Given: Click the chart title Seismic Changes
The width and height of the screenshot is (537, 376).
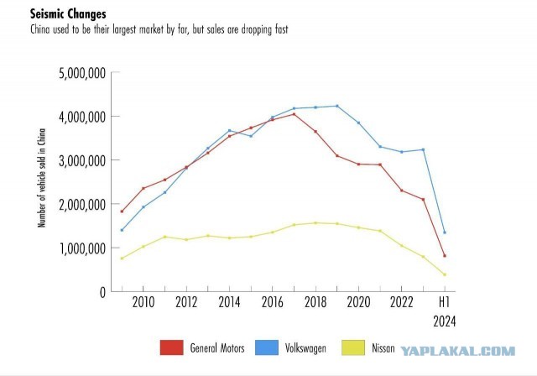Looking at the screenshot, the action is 68,14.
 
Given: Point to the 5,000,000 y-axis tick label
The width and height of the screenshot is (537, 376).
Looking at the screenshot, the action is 82,73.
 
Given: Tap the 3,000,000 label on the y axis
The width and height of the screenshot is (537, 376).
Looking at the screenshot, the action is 82,161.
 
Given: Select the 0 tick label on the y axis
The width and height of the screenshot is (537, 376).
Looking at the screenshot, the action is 102,292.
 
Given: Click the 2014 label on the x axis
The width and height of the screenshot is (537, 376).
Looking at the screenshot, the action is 229,302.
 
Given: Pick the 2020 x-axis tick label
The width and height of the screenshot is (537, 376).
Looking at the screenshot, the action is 358,302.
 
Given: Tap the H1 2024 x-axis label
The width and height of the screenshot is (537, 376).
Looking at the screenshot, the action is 445,312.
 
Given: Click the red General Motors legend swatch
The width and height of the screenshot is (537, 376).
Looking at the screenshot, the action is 171,347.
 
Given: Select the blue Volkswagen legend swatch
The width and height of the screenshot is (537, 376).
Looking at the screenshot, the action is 267,347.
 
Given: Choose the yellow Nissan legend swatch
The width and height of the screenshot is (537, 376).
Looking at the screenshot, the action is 353,347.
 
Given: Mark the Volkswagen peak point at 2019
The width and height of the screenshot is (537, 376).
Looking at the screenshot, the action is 337,106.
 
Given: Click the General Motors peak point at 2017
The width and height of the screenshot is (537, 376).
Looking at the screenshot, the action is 294,114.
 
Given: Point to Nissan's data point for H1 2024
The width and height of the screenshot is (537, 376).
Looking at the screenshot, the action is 445,274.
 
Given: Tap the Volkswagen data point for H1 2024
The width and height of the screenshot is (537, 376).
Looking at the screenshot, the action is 445,232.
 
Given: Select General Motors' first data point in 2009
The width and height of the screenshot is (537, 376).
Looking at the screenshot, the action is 122,211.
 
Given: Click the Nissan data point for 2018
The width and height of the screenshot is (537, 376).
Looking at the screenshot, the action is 315,223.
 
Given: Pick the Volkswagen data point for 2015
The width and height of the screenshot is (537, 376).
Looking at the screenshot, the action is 251,136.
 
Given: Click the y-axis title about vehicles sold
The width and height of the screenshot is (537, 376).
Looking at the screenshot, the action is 42,178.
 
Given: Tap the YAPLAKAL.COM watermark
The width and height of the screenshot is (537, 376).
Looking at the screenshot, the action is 458,351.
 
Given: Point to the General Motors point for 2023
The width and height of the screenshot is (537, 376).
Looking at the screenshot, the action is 423,199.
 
